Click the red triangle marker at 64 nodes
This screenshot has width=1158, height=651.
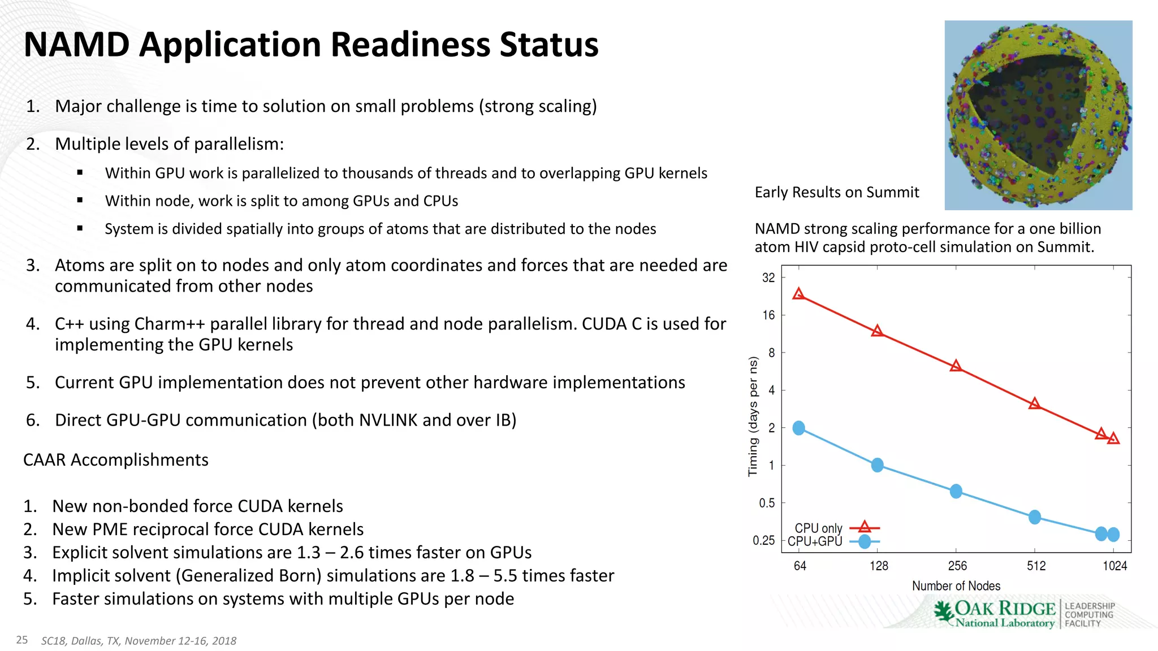(798, 294)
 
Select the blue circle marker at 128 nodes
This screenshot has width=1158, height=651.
(877, 465)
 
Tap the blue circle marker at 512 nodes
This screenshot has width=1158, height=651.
(1034, 517)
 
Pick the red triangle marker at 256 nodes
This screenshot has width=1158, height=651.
(956, 366)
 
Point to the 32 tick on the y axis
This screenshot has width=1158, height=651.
(768, 277)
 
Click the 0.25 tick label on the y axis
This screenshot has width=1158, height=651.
(763, 541)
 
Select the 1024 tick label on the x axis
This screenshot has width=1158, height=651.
(1114, 566)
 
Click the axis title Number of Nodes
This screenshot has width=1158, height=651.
(956, 586)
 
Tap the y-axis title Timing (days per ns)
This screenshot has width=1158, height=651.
(753, 416)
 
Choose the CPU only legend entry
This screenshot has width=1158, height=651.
(818, 528)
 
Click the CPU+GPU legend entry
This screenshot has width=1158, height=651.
(815, 541)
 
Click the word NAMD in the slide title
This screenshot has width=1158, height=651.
(77, 45)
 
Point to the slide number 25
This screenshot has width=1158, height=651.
(22, 640)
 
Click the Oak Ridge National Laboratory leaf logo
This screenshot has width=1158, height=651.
(943, 612)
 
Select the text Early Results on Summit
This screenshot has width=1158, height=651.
(836, 193)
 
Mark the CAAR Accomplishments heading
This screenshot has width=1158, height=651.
(115, 460)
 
